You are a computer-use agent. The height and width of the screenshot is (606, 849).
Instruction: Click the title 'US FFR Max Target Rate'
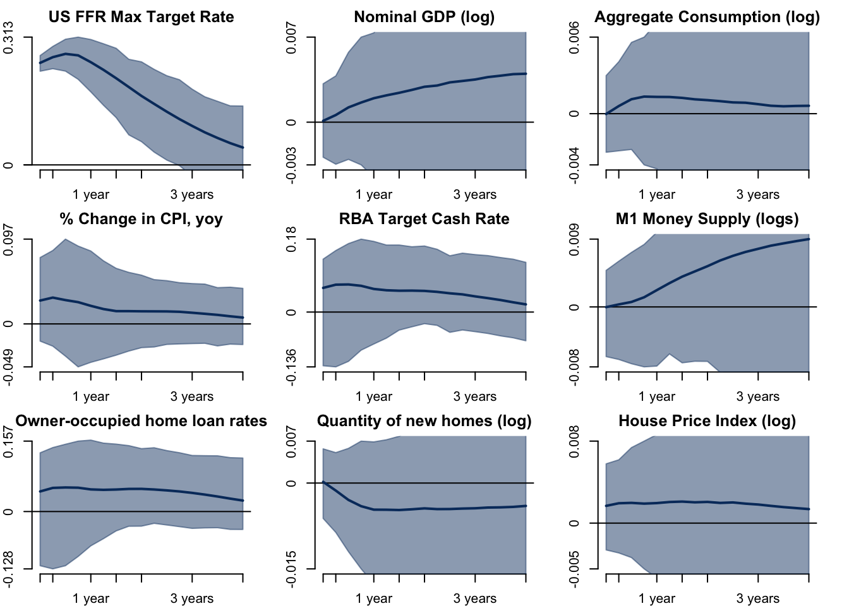point(141,17)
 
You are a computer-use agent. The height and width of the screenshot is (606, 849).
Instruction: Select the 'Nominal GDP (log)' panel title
point(424,17)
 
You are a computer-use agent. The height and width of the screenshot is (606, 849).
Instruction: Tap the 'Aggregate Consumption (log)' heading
point(707,17)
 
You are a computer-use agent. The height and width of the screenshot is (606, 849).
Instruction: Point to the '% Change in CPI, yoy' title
point(141,219)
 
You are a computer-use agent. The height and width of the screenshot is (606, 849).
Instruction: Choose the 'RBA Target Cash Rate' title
point(424,219)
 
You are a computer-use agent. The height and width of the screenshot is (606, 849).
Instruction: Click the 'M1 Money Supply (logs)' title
point(707,219)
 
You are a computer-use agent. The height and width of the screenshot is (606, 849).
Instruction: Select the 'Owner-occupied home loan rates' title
point(141,421)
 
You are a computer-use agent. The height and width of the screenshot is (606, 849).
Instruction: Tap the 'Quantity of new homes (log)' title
point(424,421)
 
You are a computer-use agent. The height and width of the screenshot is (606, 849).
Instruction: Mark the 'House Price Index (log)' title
point(707,421)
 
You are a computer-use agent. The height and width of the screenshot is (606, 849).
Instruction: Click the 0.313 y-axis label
point(9,38)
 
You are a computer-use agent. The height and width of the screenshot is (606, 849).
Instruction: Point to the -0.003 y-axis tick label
point(291,165)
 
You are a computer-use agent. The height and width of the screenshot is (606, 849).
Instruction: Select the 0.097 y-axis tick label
point(9,240)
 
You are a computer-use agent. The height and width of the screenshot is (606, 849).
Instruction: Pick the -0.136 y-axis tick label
point(291,366)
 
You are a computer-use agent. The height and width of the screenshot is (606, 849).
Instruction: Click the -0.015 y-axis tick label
point(291,568)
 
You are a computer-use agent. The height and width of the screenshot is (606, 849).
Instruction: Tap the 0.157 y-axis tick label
point(9,442)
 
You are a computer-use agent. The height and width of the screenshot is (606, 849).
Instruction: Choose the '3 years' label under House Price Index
point(757,598)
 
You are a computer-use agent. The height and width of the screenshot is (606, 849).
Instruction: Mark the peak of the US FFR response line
point(66,54)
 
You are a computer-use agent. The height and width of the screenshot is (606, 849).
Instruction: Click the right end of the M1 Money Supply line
point(809,239)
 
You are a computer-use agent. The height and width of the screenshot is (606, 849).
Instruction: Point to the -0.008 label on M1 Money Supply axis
point(574,366)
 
